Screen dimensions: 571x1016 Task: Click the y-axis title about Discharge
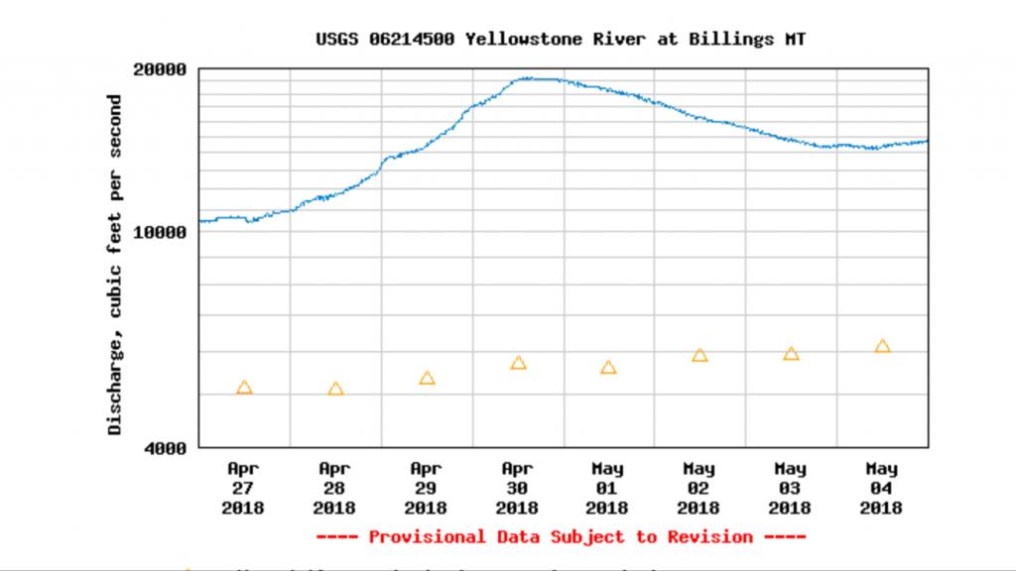[x=115, y=265]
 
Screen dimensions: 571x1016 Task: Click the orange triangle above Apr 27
[x=244, y=388]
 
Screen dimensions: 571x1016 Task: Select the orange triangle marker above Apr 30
[x=518, y=364]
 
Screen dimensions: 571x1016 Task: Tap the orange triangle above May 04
[x=882, y=347]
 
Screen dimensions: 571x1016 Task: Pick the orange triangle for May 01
[x=608, y=368]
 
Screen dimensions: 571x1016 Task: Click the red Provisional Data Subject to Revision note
[x=561, y=537]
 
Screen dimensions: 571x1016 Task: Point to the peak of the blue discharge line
[x=536, y=78]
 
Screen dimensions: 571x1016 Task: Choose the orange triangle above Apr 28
[x=335, y=390]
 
